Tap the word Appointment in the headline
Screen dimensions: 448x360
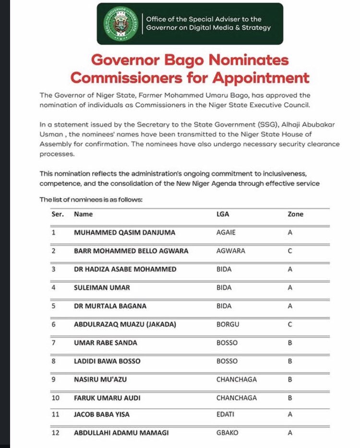[x=261, y=77]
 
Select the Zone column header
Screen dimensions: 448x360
[x=295, y=214]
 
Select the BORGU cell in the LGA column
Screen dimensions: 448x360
[x=228, y=325]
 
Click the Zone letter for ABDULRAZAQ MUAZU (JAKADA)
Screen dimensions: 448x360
[x=290, y=325]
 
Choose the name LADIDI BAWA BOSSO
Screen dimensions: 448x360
[x=107, y=361]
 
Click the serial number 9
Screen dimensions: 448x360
[x=54, y=379]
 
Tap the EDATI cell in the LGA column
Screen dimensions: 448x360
[x=225, y=414]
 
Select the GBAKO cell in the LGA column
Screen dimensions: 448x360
[x=227, y=433]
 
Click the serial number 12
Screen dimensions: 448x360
[x=55, y=433]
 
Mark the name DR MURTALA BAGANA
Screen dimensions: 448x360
[x=110, y=306]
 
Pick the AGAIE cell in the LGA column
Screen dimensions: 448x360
[x=226, y=232]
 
